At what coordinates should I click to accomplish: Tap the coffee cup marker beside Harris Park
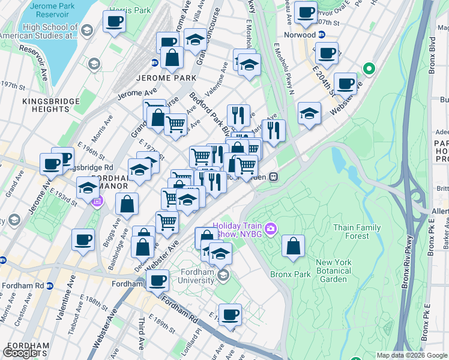[114, 22]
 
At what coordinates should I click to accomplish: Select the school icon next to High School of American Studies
[87, 31]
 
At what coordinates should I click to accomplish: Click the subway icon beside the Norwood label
[321, 35]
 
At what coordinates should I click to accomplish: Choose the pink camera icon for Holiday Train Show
[271, 229]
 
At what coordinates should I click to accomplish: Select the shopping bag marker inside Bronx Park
[293, 246]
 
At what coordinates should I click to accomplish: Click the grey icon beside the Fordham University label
[223, 275]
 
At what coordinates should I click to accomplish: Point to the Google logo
[21, 353]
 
